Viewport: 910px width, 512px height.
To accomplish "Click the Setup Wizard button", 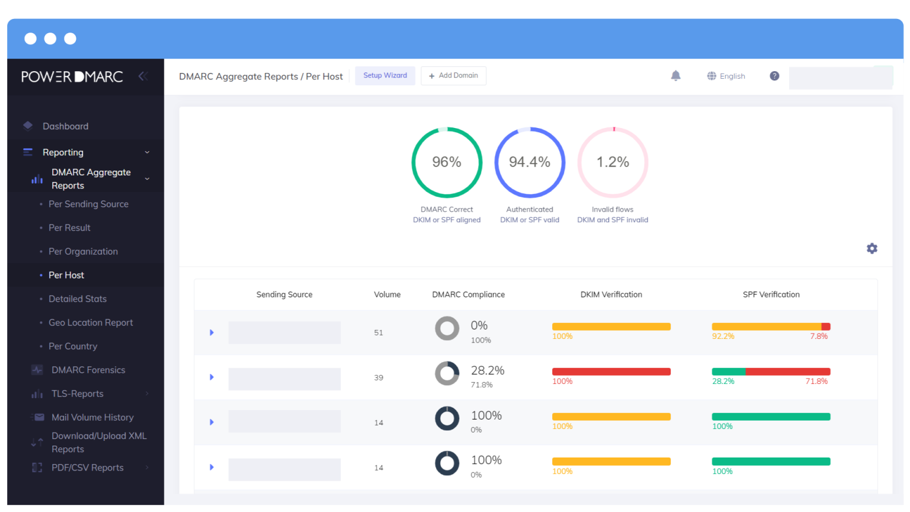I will pyautogui.click(x=385, y=76).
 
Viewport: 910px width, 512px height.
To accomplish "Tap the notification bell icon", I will pyautogui.click(x=675, y=76).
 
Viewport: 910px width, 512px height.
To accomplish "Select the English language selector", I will pyautogui.click(x=726, y=76).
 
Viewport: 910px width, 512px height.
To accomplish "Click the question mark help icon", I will pyautogui.click(x=774, y=76).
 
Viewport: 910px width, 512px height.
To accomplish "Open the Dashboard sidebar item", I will pyautogui.click(x=65, y=126).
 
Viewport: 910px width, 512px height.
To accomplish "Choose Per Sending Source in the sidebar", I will pyautogui.click(x=88, y=204).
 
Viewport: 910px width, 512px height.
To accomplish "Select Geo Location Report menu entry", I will pyautogui.click(x=91, y=322).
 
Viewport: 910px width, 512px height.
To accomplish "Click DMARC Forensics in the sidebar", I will pyautogui.click(x=88, y=370).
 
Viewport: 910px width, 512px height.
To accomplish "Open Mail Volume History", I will pyautogui.click(x=92, y=417).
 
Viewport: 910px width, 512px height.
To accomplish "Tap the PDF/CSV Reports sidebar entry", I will pyautogui.click(x=88, y=468).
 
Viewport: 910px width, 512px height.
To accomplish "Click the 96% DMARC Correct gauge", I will pyautogui.click(x=447, y=162).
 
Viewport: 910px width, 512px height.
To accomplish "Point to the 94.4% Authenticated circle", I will pyautogui.click(x=530, y=162).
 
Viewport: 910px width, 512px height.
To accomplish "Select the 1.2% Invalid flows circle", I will pyautogui.click(x=613, y=162).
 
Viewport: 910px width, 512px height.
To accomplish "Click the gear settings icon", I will pyautogui.click(x=871, y=248).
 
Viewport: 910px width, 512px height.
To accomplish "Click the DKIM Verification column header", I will pyautogui.click(x=611, y=295).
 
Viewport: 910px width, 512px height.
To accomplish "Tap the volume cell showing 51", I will pyautogui.click(x=379, y=333).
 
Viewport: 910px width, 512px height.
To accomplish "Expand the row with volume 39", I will pyautogui.click(x=212, y=377).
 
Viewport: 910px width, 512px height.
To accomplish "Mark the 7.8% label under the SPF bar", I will pyautogui.click(x=819, y=337).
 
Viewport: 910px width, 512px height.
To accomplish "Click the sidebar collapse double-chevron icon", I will pyautogui.click(x=142, y=76).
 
